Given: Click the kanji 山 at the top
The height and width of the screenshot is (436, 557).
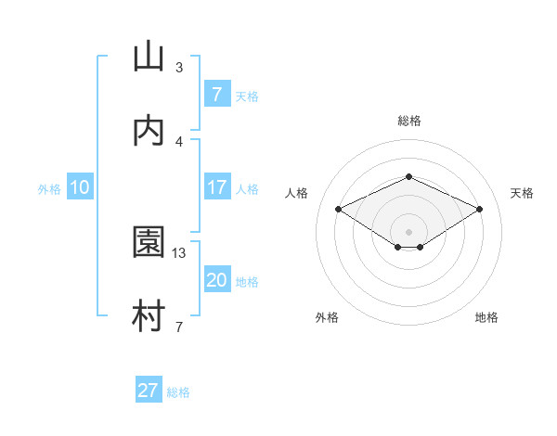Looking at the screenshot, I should coord(149,57).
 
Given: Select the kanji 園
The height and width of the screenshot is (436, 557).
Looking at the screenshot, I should coord(149,242).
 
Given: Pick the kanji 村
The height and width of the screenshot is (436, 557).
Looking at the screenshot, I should coord(149,316).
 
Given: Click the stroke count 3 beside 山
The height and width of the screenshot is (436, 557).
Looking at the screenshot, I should coord(179,67).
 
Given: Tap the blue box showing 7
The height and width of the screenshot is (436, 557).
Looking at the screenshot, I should coord(216,95).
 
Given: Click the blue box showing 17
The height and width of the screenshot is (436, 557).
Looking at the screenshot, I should coord(216,187).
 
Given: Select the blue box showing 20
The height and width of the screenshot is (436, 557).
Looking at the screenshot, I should coord(216,280).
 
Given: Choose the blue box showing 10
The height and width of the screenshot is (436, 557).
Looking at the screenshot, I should coord(80,187).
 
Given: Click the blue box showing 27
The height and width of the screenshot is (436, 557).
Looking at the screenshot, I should coord(149,391).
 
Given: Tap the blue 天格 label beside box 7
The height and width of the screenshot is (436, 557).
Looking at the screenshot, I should coord(247,96).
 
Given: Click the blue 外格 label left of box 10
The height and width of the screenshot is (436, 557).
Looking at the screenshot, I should coord(49,188).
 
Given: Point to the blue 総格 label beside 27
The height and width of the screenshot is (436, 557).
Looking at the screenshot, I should coord(179,391).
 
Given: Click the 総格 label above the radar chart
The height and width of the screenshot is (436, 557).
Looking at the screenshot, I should coord(409,121).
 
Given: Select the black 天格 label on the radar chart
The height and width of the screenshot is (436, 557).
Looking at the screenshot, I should coord(522,193).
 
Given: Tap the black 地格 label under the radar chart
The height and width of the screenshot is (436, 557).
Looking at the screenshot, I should coord(486,317).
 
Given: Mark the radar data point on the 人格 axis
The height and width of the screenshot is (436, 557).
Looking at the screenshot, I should coord(338,209).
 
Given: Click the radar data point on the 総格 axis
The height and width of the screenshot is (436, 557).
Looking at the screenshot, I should coord(408,176).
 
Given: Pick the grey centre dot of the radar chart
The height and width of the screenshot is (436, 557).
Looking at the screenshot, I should coord(408,231).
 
